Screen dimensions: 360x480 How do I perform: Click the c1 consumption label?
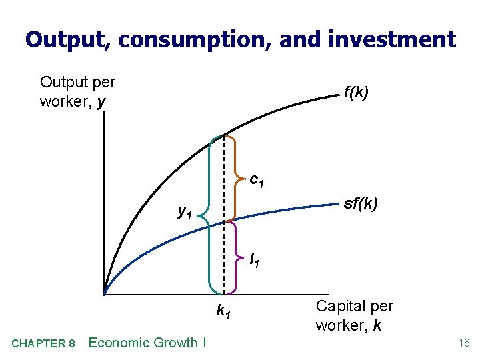point(257,180)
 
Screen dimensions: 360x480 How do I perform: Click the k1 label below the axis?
point(224,310)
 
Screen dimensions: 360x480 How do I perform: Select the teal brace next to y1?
point(209,213)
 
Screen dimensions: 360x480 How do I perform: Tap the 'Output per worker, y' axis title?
point(77,92)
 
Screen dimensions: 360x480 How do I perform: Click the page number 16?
point(464,343)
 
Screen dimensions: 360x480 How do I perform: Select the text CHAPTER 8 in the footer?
point(43,343)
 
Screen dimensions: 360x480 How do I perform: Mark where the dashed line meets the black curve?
point(223,135)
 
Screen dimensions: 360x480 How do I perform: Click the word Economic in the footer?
point(119,343)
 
